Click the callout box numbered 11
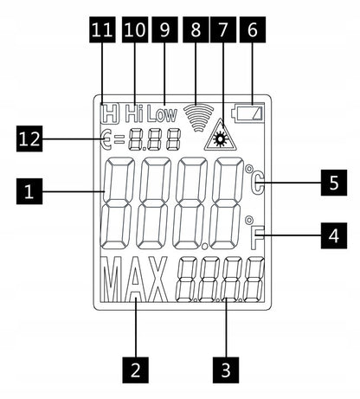[x=102, y=29]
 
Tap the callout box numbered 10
[x=135, y=29]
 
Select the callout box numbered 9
[x=164, y=29]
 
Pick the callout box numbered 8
[x=196, y=29]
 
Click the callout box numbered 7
[x=223, y=29]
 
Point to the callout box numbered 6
[x=253, y=29]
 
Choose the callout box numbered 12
[x=29, y=138]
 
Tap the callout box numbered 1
[x=29, y=191]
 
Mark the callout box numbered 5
[x=334, y=183]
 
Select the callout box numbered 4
[x=334, y=235]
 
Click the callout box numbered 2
[x=136, y=370]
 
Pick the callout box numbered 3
[x=226, y=370]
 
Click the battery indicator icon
[x=248, y=113]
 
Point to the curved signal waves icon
[x=199, y=118]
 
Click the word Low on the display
[x=162, y=114]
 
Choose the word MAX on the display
[x=135, y=280]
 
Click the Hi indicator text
[x=134, y=113]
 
